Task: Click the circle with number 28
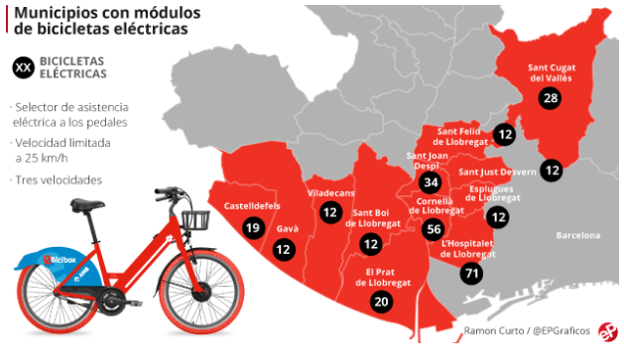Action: (x=550, y=97)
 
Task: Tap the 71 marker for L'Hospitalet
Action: (x=472, y=274)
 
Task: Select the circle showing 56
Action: (x=432, y=229)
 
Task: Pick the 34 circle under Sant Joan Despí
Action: (x=430, y=182)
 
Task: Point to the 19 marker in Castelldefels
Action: (x=252, y=228)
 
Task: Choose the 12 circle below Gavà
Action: (x=284, y=250)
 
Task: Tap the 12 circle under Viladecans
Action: (x=330, y=210)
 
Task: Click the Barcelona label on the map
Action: (x=578, y=236)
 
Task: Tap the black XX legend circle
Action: (x=25, y=67)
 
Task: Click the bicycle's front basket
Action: (x=195, y=220)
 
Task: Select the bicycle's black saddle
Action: (x=87, y=205)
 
